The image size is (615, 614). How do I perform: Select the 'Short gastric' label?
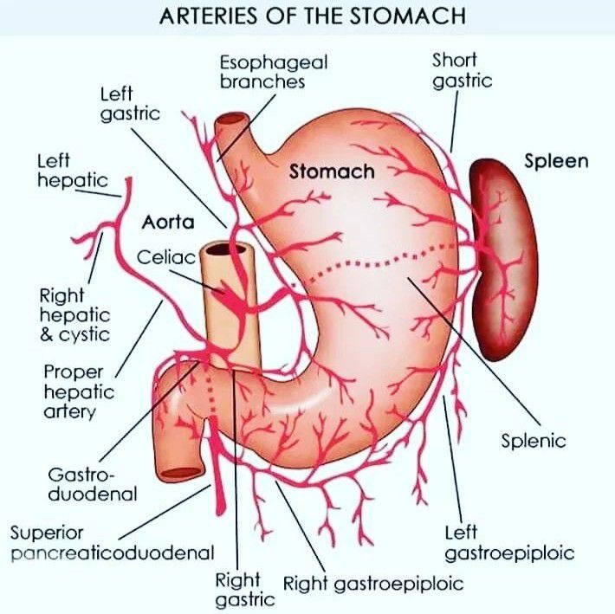(x=462, y=70)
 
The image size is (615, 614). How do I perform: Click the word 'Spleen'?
(x=555, y=161)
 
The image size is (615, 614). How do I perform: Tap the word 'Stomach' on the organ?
(x=332, y=171)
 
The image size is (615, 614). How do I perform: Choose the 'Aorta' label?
(x=166, y=223)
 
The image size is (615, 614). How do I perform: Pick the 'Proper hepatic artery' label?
(x=78, y=391)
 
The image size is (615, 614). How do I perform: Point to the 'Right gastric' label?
(x=239, y=589)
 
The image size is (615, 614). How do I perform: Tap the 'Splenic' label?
(x=534, y=441)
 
